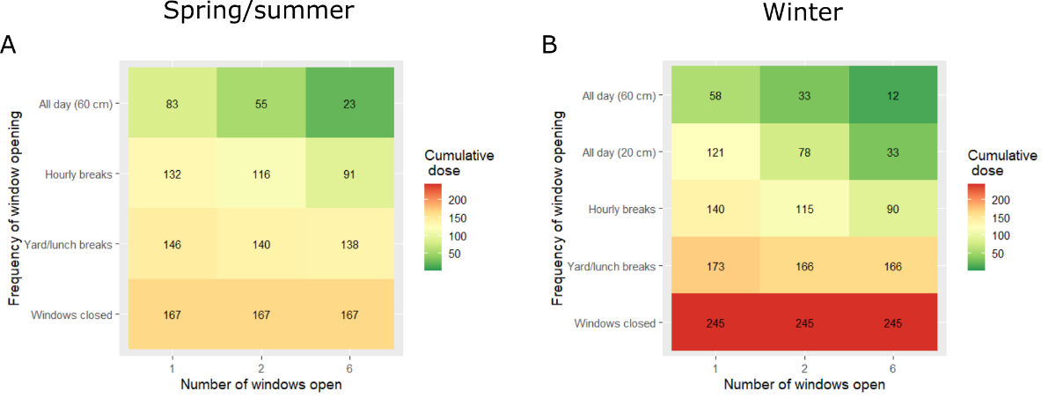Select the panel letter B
point(549,45)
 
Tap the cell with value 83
point(172,103)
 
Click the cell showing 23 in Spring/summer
point(350,103)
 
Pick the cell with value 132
point(172,174)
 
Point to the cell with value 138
point(350,244)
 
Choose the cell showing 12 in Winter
point(893,94)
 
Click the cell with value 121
point(715,151)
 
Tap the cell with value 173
point(715,265)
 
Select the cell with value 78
point(803,151)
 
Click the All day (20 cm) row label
point(620,152)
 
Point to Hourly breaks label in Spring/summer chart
point(78,174)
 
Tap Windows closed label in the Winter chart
point(615,323)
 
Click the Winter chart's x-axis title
point(804,385)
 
